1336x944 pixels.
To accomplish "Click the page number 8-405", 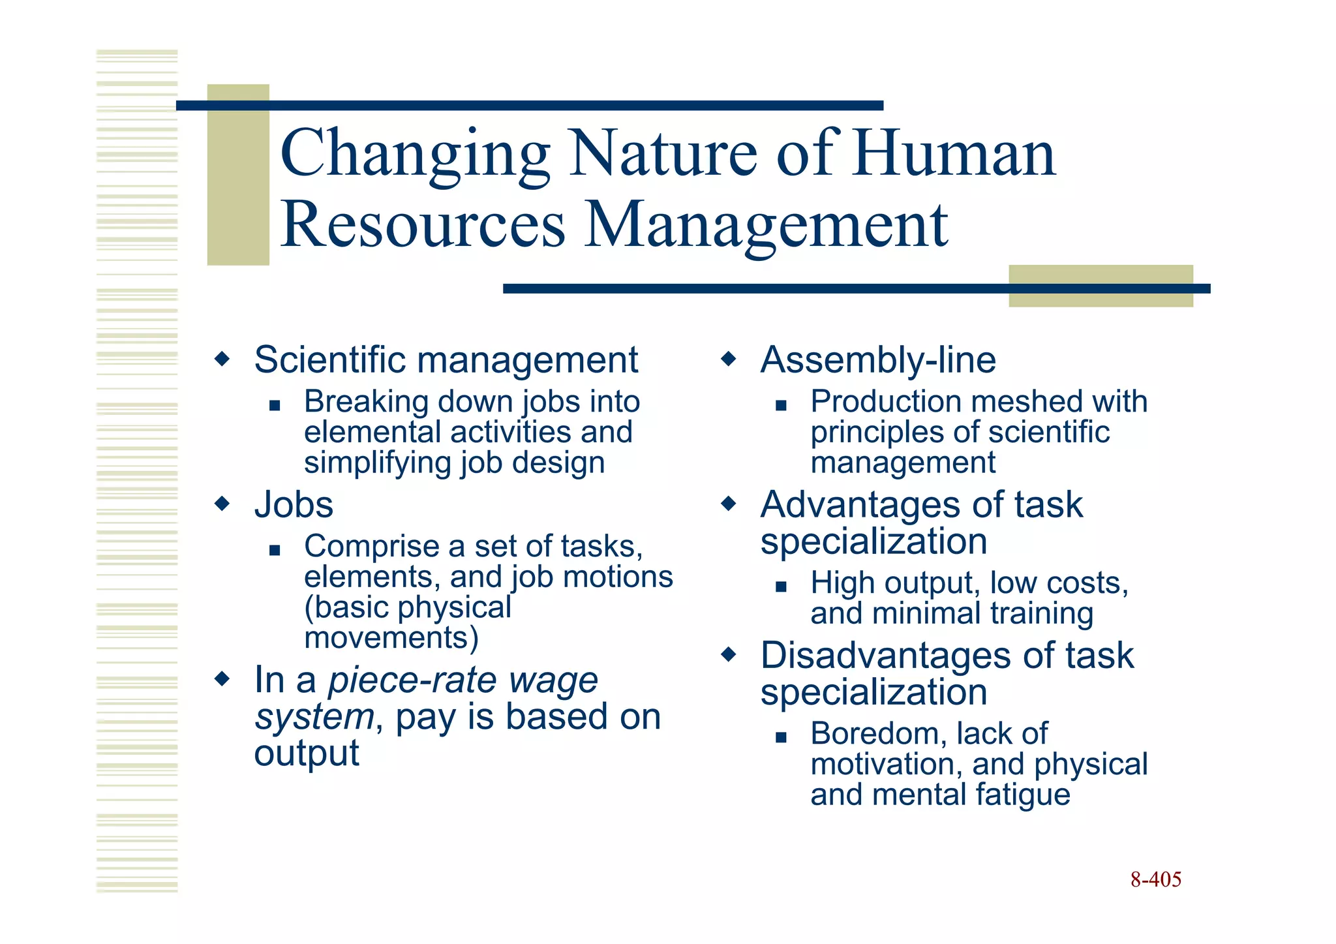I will click(1155, 879).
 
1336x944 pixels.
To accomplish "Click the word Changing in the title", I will click(415, 155).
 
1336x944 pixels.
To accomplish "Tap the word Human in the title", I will click(954, 153).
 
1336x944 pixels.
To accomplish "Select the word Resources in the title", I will click(423, 225).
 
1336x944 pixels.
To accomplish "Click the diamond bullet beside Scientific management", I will click(222, 359).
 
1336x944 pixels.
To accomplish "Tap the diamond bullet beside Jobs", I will click(222, 504).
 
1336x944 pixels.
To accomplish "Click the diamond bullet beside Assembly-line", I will click(729, 359).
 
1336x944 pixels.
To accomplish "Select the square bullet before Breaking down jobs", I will click(275, 405).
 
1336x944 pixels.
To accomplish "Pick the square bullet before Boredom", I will click(781, 737).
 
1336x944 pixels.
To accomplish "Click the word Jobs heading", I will click(294, 505).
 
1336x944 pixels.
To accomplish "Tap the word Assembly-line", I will click(878, 360).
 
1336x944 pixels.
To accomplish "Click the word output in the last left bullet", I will click(306, 754).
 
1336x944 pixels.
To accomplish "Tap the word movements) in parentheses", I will click(391, 637).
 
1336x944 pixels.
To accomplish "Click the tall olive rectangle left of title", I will click(238, 174).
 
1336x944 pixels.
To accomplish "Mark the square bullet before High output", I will click(781, 586).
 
